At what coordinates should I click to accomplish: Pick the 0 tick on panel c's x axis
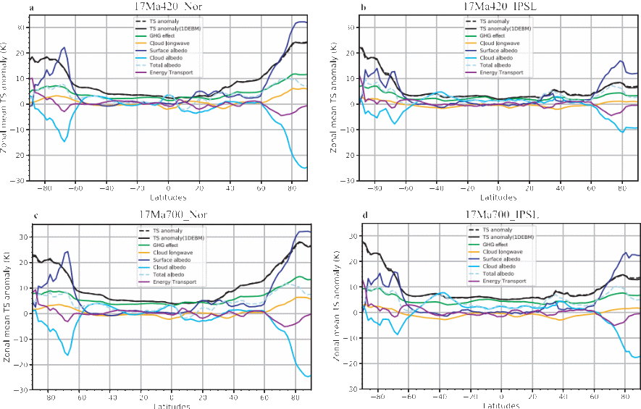click(x=172, y=397)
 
